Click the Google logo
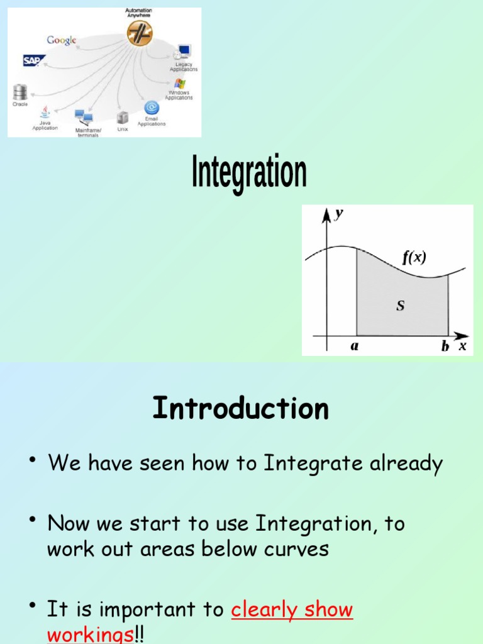(x=62, y=40)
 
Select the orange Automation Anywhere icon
(x=139, y=33)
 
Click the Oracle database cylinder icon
(x=19, y=93)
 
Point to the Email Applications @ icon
(x=151, y=108)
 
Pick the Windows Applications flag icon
(x=180, y=84)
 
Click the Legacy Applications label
(x=184, y=67)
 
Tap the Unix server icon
(x=123, y=118)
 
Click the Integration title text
(x=249, y=174)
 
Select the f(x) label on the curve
(x=414, y=257)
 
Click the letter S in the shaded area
(x=400, y=306)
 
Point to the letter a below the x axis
(x=355, y=345)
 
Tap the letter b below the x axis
(x=445, y=345)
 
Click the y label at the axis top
(x=339, y=214)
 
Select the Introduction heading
(x=241, y=409)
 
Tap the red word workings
(x=91, y=634)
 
